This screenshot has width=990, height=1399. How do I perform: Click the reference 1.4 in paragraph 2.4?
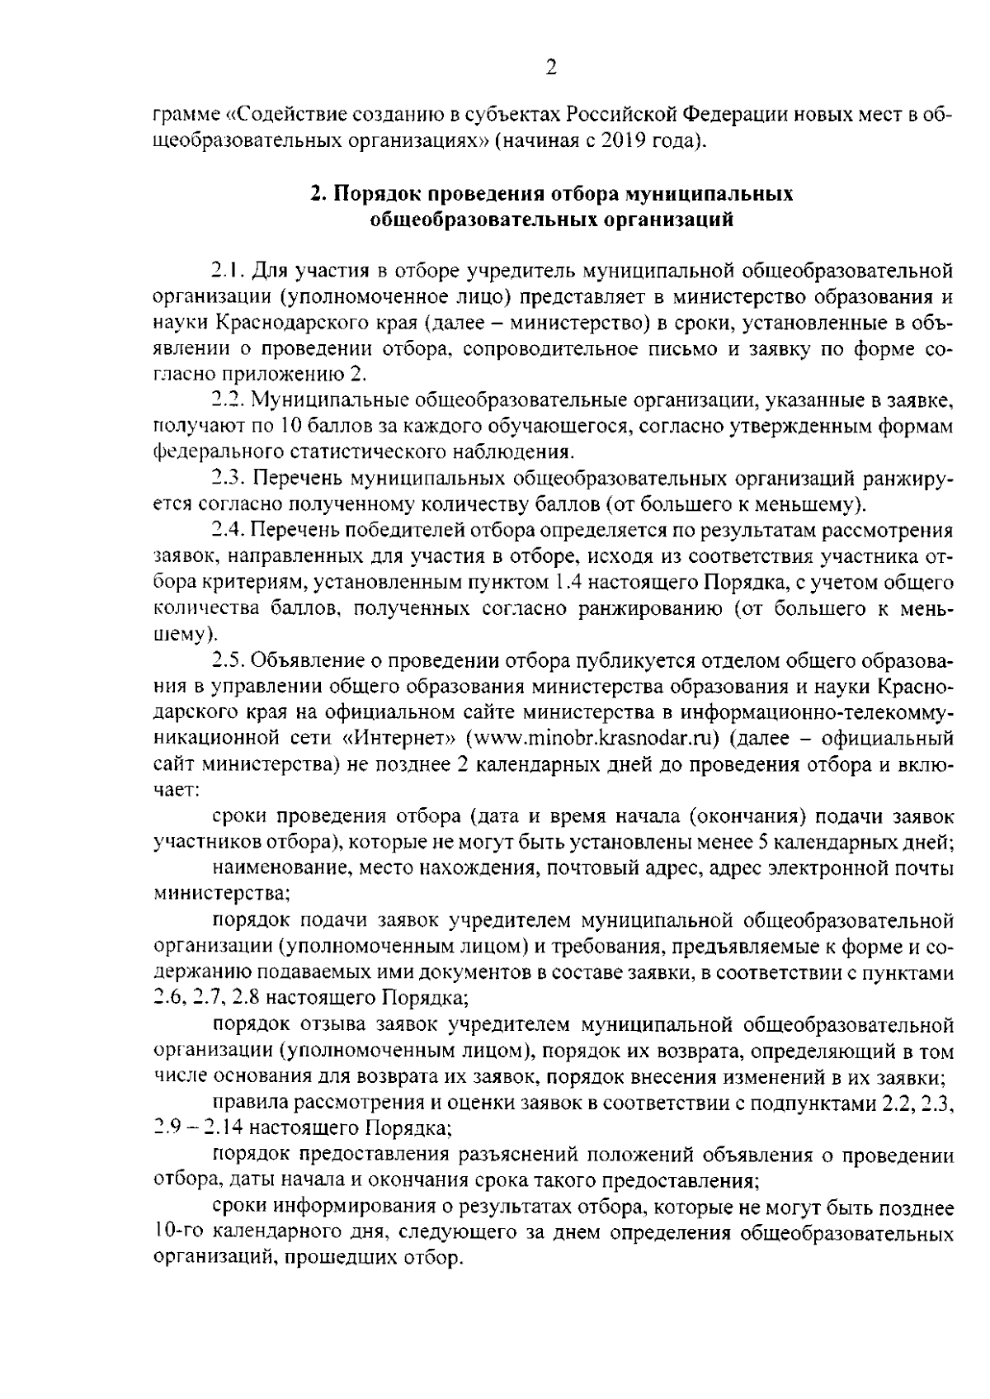tap(564, 583)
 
